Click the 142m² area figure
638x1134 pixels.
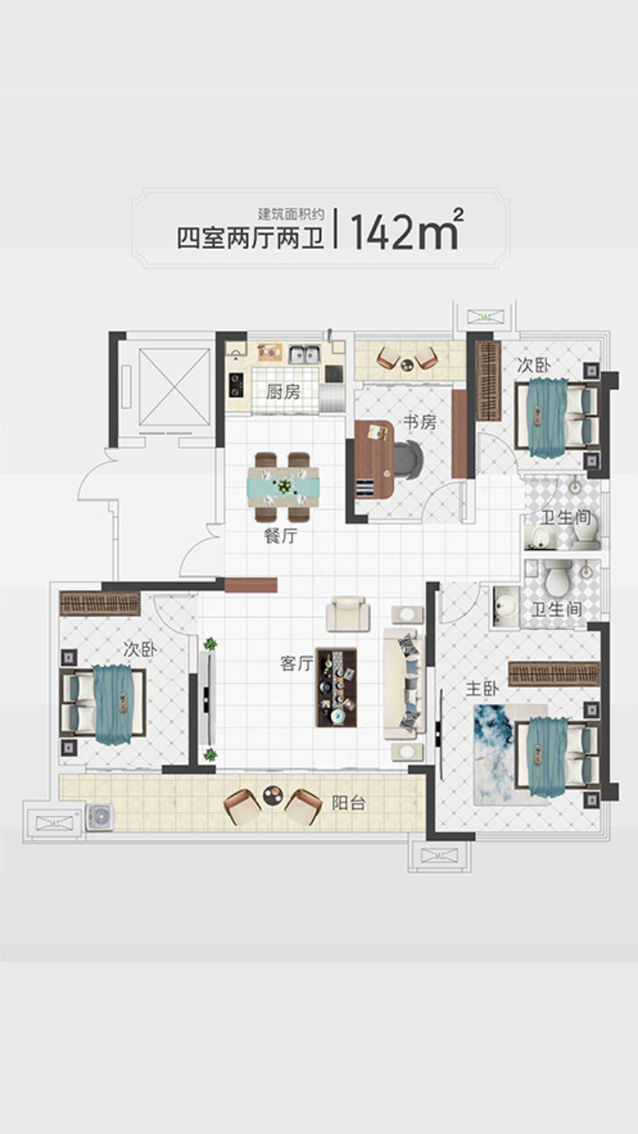406,230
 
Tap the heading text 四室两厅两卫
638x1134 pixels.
250,238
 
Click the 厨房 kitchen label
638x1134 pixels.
282,392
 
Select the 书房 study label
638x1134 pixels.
419,422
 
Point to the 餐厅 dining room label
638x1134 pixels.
281,536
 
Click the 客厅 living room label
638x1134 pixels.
297,664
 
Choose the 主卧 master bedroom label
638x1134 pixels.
482,689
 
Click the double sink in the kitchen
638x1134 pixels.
304,354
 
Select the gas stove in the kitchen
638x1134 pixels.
236,385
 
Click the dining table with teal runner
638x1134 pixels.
282,487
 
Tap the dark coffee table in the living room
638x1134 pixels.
337,688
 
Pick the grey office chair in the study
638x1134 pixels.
409,459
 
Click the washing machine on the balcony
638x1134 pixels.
100,818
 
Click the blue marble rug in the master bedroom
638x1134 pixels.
510,754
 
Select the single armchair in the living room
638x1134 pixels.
348,614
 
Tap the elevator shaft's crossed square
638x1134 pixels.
175,387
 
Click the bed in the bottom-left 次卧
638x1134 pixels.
104,703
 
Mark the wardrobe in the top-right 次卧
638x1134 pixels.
489,381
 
